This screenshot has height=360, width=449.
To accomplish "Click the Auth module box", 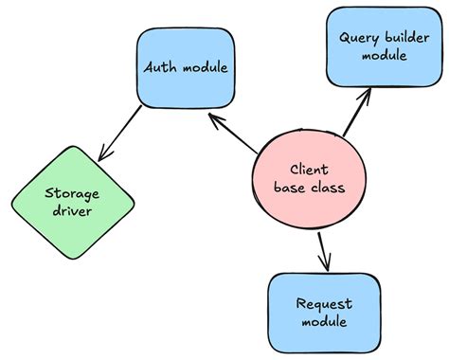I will (186, 67).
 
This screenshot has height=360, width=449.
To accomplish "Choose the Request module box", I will (324, 314).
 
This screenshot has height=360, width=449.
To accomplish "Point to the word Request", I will (323, 304).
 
